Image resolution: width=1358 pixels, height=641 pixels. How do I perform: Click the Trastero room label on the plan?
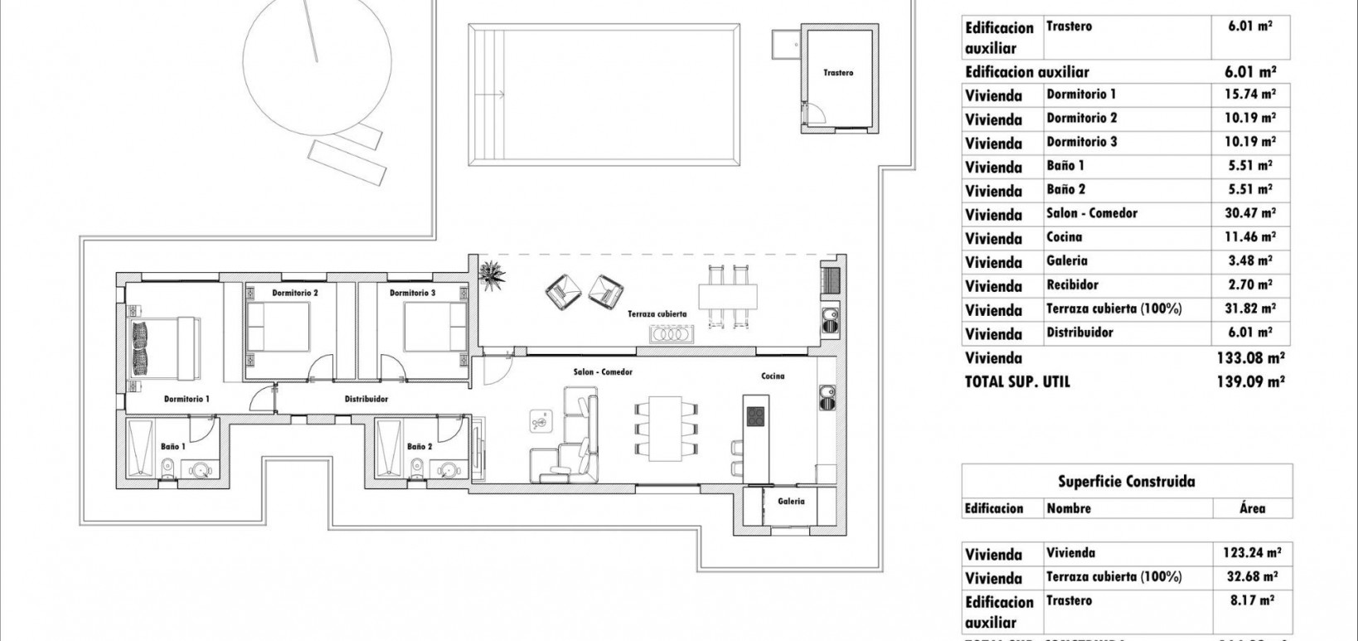(838, 73)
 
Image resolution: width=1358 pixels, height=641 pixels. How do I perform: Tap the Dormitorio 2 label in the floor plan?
(295, 293)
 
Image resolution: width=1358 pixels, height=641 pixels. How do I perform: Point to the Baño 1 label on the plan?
(173, 447)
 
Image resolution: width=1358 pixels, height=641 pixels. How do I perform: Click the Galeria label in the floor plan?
(791, 501)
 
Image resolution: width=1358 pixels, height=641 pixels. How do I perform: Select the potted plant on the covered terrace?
(495, 273)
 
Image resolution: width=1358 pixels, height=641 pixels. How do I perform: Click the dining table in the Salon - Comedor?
(663, 428)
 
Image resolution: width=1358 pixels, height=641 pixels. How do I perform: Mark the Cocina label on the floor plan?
(773, 376)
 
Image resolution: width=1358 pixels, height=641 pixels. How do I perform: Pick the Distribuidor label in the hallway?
(366, 399)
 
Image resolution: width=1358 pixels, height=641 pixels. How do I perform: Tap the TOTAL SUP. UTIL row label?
(1017, 382)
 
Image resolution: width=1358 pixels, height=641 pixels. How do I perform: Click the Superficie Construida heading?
(1127, 481)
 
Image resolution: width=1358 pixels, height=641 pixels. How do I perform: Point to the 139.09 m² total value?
(1252, 382)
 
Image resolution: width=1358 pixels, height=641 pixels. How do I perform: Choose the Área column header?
(1252, 508)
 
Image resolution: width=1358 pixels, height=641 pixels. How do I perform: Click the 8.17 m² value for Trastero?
(1252, 601)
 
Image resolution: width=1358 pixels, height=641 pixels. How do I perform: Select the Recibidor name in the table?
(1072, 285)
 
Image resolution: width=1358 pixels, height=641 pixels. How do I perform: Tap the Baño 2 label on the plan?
(420, 447)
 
